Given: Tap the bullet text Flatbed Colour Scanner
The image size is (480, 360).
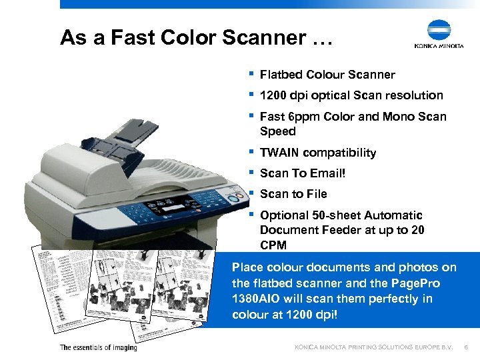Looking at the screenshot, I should coord(327,75).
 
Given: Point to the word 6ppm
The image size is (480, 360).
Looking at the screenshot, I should coord(303,117).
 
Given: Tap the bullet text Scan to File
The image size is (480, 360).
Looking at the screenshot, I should coord(293,194).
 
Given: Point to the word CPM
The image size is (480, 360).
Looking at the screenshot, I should coord(273,245).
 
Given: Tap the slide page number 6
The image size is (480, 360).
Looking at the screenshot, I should coord(466,347).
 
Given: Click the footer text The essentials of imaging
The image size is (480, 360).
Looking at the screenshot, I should coord(98,347).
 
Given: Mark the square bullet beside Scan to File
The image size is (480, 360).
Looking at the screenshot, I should coord(251,193).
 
